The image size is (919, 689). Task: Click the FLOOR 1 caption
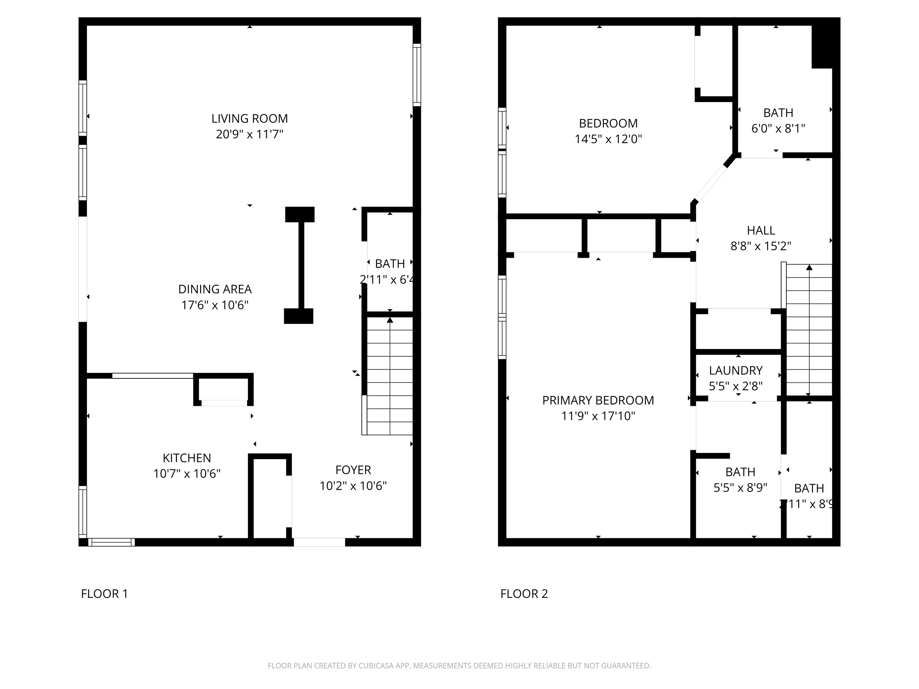(104, 594)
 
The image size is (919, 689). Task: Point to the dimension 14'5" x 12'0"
(608, 139)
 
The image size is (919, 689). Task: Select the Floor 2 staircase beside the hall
(809, 330)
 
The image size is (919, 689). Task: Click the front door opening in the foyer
(319, 542)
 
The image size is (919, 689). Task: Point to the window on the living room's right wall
(417, 75)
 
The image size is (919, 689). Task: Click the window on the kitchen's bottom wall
(111, 542)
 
